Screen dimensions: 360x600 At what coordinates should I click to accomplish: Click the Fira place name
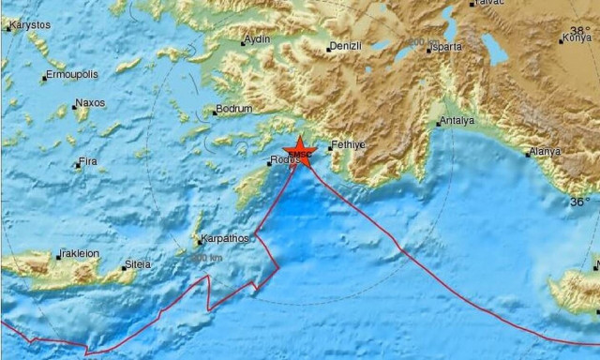coord(87,162)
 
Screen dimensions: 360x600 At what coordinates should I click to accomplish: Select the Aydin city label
coord(256,40)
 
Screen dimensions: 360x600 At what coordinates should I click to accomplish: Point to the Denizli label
coord(347,46)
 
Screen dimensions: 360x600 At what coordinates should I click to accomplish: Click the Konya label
coord(576,38)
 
